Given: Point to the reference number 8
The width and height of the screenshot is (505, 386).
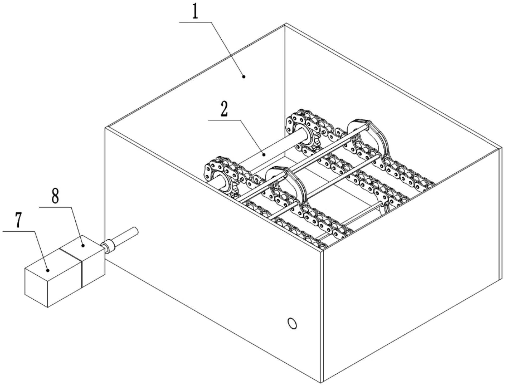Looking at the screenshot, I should coord(55,197).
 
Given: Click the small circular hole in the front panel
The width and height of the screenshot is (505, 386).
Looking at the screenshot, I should coord(292,324).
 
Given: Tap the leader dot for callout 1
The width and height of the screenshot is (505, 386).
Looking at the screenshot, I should coord(244,76).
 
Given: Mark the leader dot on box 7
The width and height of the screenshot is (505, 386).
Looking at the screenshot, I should coord(48,270).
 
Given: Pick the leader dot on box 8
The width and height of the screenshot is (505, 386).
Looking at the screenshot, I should coord(83,245).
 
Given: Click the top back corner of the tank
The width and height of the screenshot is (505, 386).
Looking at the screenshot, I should coord(285,24).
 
